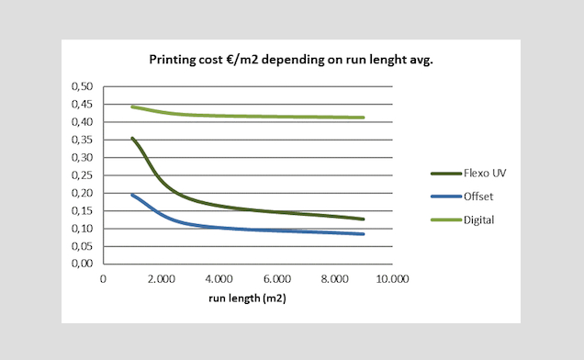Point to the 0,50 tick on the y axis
pos(84,86)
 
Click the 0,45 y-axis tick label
pos(84,104)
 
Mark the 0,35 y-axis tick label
pos(84,140)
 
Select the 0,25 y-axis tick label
pos(84,175)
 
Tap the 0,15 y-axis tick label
pos(84,210)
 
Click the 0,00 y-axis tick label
pos(84,264)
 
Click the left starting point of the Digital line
pos(132,107)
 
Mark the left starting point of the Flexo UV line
pos(132,139)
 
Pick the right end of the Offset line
pos(364,234)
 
